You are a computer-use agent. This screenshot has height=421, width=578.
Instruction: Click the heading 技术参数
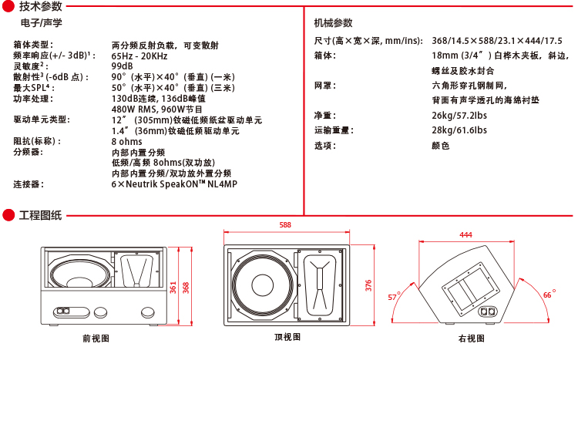click(x=40, y=7)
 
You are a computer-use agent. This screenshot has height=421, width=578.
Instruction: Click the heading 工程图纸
click(x=40, y=214)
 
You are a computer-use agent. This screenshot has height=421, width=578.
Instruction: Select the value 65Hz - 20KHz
click(x=139, y=56)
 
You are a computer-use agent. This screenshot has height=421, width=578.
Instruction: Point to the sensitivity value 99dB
click(x=123, y=66)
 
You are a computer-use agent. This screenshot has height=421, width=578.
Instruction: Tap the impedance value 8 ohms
click(x=127, y=142)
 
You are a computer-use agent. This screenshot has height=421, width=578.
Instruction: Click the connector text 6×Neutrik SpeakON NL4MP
click(x=174, y=184)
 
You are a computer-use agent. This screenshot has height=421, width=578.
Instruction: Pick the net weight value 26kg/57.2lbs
click(x=459, y=116)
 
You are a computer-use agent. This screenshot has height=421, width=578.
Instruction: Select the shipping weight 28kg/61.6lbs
click(x=459, y=130)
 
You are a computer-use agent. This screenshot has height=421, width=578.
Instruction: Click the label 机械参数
click(x=334, y=24)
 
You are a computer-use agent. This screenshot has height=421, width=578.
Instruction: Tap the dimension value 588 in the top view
click(x=285, y=225)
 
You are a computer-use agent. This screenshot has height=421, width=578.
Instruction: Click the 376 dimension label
click(x=369, y=285)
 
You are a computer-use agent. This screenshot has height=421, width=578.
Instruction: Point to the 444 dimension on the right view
click(x=465, y=234)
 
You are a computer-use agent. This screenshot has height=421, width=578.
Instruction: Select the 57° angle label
click(x=394, y=297)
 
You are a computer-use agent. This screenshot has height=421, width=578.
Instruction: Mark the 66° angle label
click(x=549, y=295)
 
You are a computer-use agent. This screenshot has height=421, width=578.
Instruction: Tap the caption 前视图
click(x=96, y=338)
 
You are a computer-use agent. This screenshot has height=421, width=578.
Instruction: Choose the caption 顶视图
click(x=287, y=337)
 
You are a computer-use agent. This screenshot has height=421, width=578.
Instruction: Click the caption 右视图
click(x=471, y=338)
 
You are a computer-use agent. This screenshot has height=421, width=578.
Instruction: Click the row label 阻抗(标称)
click(x=37, y=142)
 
